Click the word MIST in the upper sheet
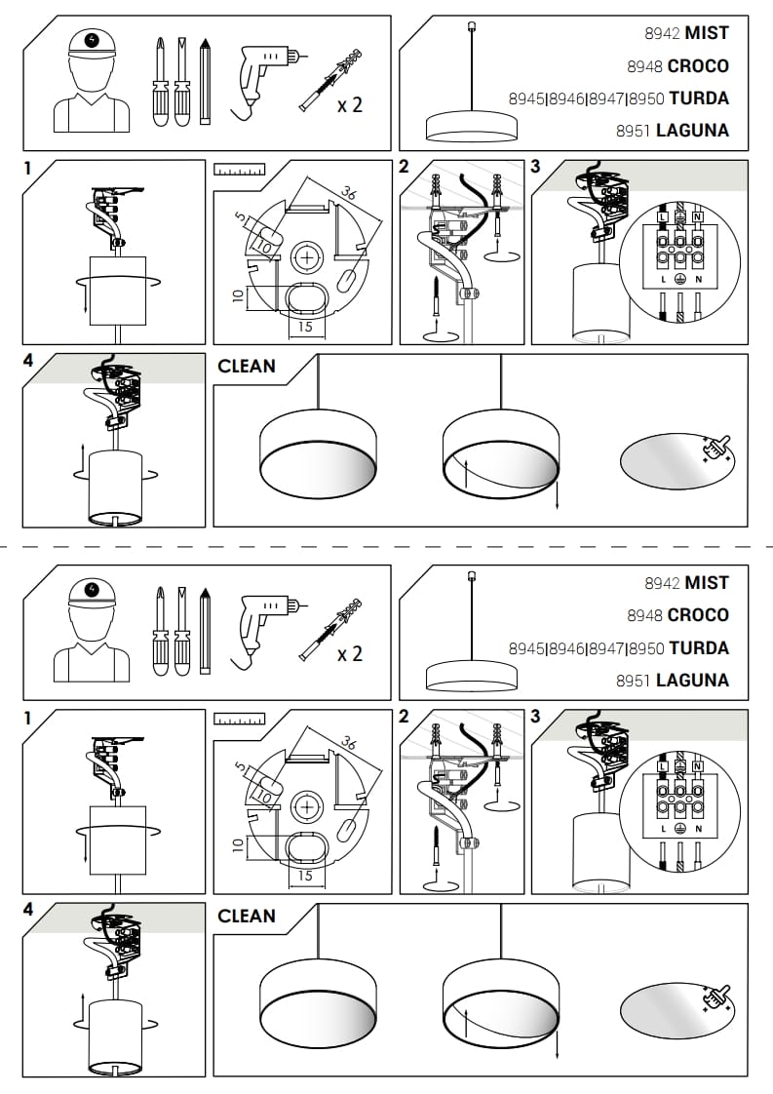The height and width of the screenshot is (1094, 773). (707, 33)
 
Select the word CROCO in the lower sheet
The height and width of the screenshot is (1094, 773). (698, 615)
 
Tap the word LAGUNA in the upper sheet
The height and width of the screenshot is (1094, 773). (692, 131)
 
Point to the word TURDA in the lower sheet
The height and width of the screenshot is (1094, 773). (699, 648)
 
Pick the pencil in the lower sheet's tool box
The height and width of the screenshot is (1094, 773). (205, 630)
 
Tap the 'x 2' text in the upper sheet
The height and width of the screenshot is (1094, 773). (349, 104)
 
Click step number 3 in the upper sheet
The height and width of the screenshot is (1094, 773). (535, 167)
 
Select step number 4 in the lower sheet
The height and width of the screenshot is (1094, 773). (27, 910)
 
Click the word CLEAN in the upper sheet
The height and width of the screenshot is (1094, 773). (247, 367)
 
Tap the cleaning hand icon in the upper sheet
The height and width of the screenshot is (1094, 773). (718, 449)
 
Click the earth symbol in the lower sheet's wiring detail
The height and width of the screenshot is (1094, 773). (680, 828)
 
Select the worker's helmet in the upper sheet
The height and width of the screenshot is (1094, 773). (93, 42)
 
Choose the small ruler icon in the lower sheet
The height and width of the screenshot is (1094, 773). (239, 720)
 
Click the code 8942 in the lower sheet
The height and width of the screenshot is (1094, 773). (662, 583)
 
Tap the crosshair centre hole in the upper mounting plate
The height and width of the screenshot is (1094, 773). (307, 258)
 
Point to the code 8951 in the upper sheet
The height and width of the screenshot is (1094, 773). (634, 131)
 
